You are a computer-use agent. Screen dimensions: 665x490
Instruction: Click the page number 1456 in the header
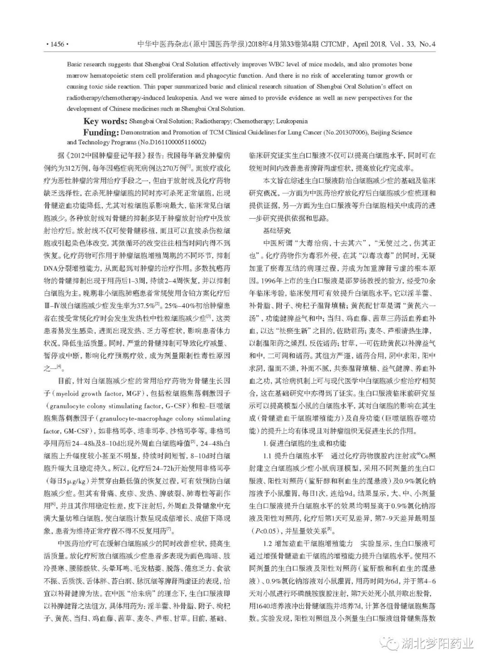coord(57,44)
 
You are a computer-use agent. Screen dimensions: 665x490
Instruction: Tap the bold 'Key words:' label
coord(105,121)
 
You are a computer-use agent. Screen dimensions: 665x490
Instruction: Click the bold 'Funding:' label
coord(100,132)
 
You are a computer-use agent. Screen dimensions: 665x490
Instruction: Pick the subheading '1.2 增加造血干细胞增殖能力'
coord(308,543)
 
